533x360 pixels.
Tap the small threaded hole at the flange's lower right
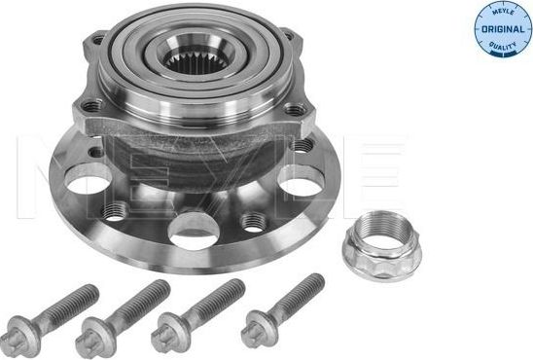click(255, 222)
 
